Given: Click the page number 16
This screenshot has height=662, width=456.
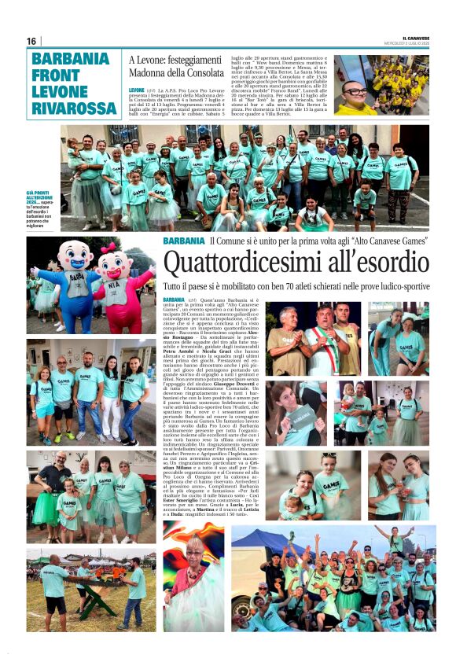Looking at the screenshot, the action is coord(31,41).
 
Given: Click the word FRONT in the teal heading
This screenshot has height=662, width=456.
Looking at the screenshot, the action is coord(54,75).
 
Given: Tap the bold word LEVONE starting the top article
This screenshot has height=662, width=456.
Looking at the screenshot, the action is coord(136,90).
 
